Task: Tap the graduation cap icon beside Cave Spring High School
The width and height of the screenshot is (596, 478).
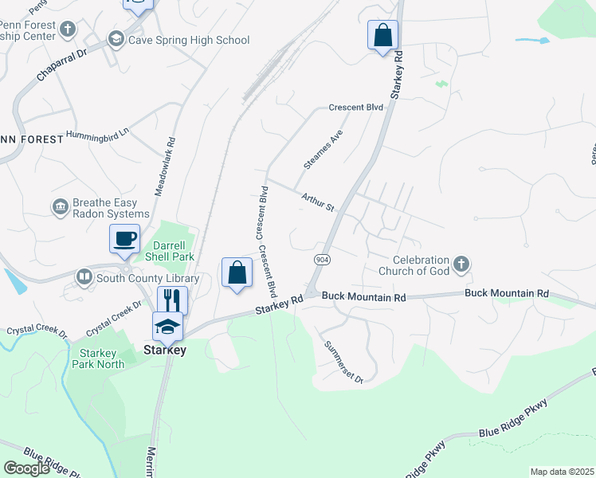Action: pyautogui.click(x=116, y=40)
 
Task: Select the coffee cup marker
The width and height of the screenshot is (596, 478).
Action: pyautogui.click(x=124, y=238)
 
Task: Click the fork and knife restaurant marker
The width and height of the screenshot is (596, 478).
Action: pyautogui.click(x=172, y=300)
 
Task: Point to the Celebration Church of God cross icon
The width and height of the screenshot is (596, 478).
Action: pyautogui.click(x=461, y=264)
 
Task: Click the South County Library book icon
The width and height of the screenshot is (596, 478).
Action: pyautogui.click(x=84, y=277)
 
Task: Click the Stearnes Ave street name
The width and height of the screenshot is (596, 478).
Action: pyautogui.click(x=323, y=149)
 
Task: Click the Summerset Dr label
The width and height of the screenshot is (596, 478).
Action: pyautogui.click(x=343, y=362)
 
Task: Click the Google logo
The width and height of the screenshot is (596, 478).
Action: pyautogui.click(x=26, y=468)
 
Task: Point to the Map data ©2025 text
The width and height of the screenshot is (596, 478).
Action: pyautogui.click(x=562, y=472)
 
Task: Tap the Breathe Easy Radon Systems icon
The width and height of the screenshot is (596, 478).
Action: pyautogui.click(x=61, y=208)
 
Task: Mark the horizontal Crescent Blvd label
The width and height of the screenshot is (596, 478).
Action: pyautogui.click(x=357, y=107)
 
